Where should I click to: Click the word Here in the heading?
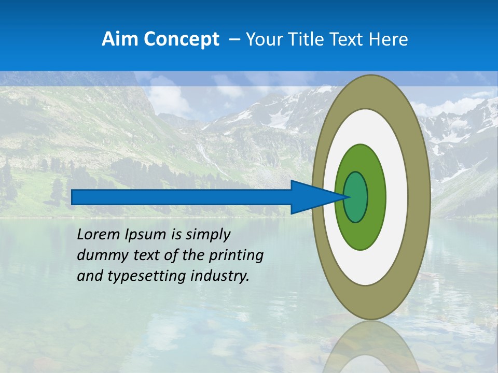pyautogui.click(x=389, y=39)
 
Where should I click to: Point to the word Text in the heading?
pyautogui.click(x=348, y=39)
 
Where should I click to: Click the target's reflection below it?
pyautogui.click(x=370, y=347)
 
